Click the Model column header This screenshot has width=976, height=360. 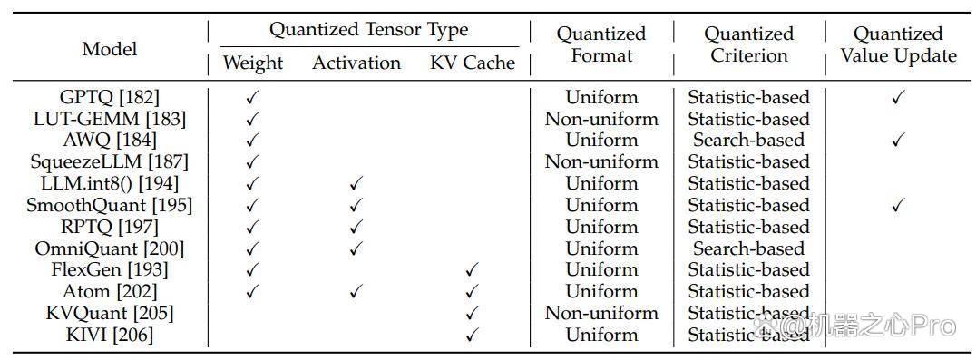pyautogui.click(x=110, y=48)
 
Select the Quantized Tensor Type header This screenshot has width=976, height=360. pyautogui.click(x=368, y=30)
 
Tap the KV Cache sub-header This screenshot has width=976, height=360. pyautogui.click(x=473, y=63)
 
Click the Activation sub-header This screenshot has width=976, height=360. pyautogui.click(x=356, y=63)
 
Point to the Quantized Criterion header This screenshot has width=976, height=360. pyautogui.click(x=749, y=44)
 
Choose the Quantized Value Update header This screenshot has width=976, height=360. pyautogui.click(x=898, y=44)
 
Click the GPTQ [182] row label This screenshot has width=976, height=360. pyautogui.click(x=110, y=97)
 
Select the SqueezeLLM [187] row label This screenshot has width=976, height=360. pyautogui.click(x=110, y=161)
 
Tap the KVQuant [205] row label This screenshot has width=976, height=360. pyautogui.click(x=110, y=313)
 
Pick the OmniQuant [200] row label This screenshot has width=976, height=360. pyautogui.click(x=110, y=248)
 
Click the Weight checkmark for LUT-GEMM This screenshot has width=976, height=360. pyautogui.click(x=252, y=119)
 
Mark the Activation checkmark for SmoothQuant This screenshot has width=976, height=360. pyautogui.click(x=356, y=205)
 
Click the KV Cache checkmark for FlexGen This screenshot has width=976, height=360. pyautogui.click(x=473, y=270)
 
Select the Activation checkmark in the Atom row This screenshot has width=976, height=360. pyautogui.click(x=356, y=291)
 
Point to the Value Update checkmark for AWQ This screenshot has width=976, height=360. pyautogui.click(x=898, y=141)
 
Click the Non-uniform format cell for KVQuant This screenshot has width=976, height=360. pyautogui.click(x=601, y=313)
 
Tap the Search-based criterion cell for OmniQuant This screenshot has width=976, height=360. pyautogui.click(x=749, y=248)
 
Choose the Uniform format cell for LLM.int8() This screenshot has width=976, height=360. pyautogui.click(x=601, y=183)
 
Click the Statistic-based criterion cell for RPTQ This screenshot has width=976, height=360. pyautogui.click(x=749, y=227)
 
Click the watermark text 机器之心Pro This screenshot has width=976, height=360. pyautogui.click(x=880, y=326)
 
